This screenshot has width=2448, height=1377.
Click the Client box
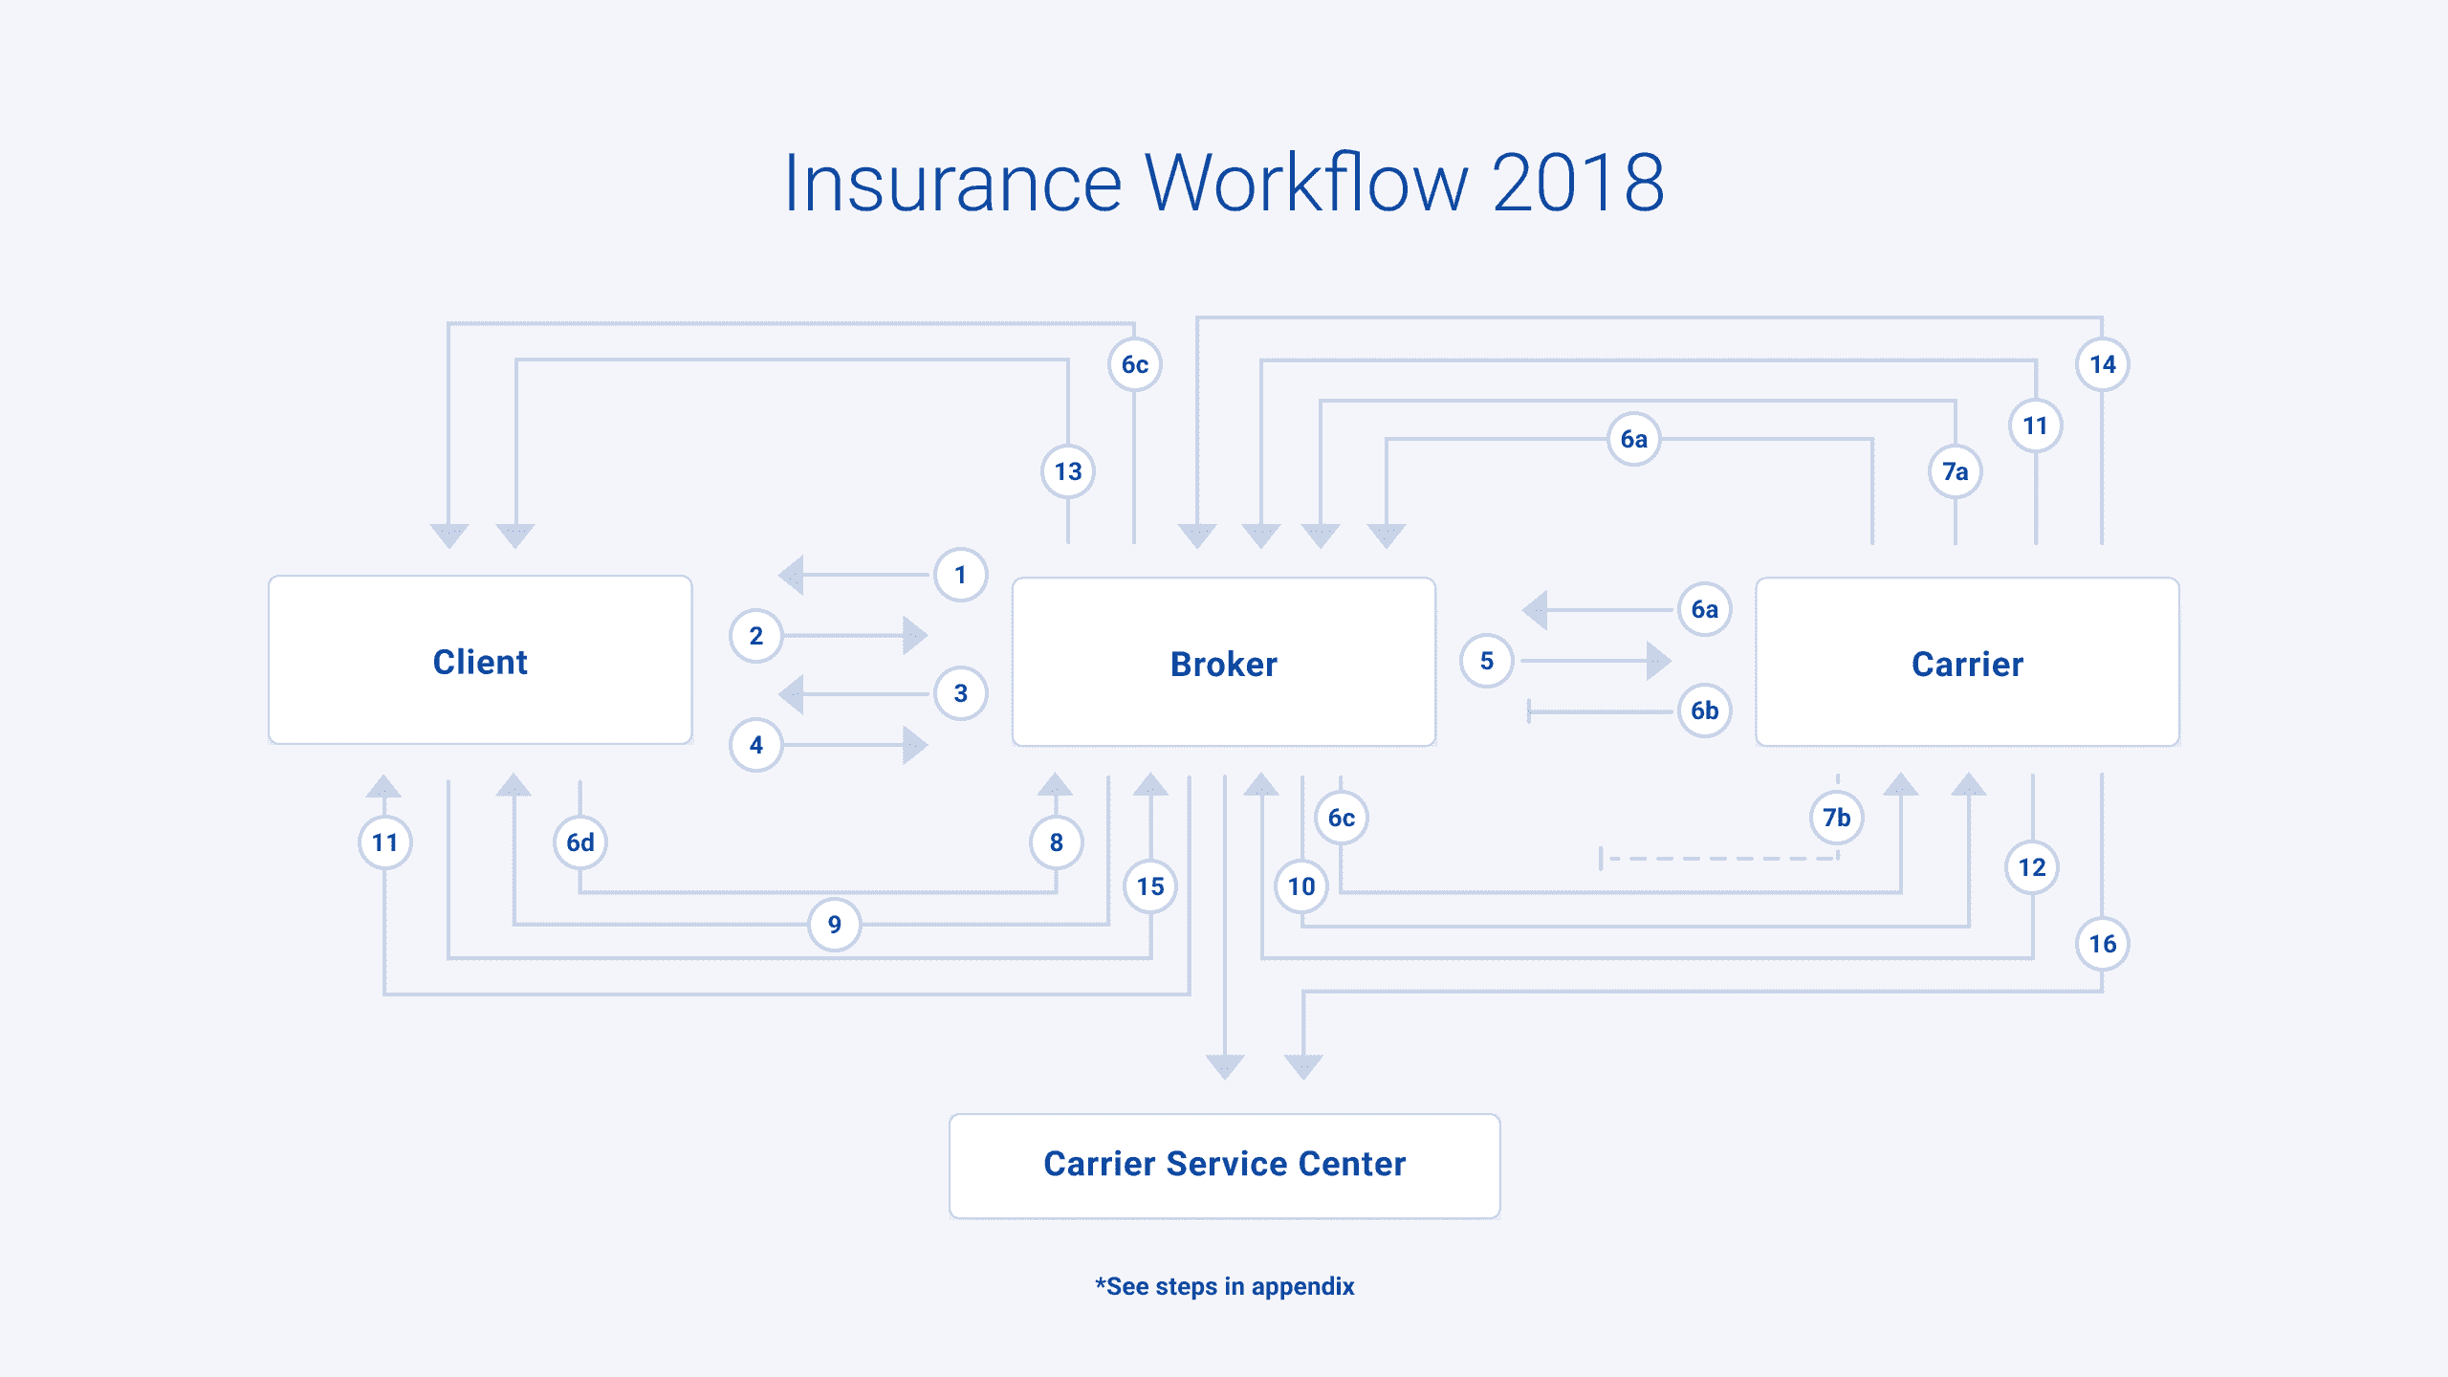[x=480, y=661]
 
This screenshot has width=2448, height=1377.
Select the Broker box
[x=1223, y=663]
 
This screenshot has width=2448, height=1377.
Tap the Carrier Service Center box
[x=1224, y=1165]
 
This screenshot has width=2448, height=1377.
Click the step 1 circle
[x=960, y=575]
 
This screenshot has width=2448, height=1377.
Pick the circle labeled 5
[x=1486, y=661]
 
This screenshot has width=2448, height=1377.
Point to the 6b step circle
[x=1704, y=710]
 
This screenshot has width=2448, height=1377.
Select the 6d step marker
[x=580, y=842]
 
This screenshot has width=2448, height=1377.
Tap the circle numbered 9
[x=834, y=925]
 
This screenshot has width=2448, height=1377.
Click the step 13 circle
[x=1067, y=471]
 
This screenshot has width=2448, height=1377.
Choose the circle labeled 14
[x=2102, y=364]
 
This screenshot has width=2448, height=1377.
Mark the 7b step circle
[x=1836, y=818]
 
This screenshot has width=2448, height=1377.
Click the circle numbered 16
[x=2102, y=944]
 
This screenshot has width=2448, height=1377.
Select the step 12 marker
[x=2032, y=867]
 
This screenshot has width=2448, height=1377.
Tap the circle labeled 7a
[x=1955, y=471]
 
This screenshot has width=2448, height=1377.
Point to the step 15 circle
[x=1150, y=886]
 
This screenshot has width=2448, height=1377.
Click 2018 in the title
[x=1578, y=183]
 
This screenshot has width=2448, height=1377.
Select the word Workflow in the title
[x=1306, y=183]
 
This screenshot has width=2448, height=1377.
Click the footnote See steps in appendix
[x=1225, y=1286]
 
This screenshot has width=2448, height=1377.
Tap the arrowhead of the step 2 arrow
[x=914, y=636]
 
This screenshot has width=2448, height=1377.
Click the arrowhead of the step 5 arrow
[x=1658, y=661]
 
